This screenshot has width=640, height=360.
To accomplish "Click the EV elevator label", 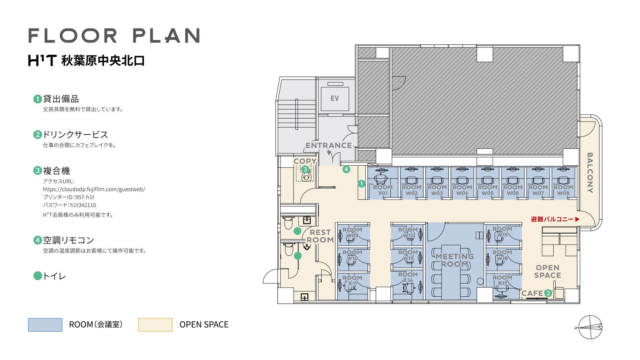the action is pos(335,99).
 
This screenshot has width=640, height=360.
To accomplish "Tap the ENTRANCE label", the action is pos(329,145).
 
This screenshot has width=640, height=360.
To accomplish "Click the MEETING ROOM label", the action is pos(454,260).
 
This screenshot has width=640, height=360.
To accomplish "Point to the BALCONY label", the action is pos(590,173).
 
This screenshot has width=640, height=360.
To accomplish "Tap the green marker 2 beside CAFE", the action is pos(548,293).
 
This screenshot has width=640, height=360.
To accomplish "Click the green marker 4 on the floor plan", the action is pos(346,169).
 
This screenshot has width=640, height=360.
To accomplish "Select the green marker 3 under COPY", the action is pos(305,169).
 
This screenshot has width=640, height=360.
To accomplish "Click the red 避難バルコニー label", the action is pos(555,219).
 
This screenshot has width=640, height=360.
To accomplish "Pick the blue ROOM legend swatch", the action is pos(45,325).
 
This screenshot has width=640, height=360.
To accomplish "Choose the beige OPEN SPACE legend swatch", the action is pos(155,325).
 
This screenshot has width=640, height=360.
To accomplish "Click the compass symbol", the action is pos(590,327).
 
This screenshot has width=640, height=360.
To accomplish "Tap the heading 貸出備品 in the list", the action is pos(61,99).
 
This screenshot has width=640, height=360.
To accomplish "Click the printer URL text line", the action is pos(94,189).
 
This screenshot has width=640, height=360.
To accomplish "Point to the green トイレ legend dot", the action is pos(38,276).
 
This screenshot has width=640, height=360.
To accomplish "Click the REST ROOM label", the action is pos(320,236).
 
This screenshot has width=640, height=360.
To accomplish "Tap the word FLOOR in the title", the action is pos(73,36).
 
